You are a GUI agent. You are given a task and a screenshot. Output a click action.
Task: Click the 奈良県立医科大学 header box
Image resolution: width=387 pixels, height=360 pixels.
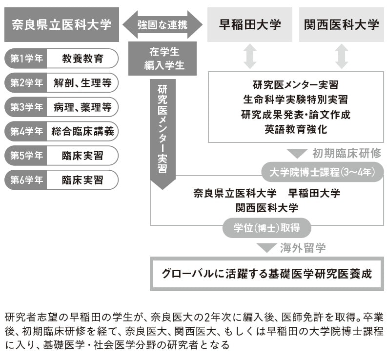61,24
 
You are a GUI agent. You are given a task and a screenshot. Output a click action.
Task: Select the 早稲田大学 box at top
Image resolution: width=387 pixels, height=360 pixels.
250,24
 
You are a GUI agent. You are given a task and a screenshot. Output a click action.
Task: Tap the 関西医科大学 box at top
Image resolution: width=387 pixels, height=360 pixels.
341,24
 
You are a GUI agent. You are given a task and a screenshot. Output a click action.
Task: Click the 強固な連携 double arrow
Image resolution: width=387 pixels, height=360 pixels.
163,24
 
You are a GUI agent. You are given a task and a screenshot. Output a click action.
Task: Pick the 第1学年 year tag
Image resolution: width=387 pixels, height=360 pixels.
26,59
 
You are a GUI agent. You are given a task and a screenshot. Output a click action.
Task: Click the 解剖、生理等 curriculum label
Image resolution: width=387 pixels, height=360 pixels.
82,83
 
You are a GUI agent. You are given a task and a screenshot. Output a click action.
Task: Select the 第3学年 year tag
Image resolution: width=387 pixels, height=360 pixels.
26,107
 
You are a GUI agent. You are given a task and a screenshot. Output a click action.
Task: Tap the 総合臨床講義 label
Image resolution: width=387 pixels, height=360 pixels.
82,132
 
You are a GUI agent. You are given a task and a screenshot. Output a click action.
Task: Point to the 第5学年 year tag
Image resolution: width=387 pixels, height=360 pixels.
26,156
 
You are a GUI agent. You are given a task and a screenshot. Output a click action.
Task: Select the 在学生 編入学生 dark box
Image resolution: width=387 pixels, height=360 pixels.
163,59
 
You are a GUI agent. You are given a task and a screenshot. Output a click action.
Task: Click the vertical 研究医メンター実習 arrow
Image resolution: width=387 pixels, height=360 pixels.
163,132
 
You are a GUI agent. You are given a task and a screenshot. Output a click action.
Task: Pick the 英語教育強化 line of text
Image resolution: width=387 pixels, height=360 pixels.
296,130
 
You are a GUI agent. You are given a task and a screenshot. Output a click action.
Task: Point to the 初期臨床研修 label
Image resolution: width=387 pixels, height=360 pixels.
346,153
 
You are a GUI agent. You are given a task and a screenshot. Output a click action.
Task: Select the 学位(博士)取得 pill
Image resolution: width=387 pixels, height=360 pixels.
266,227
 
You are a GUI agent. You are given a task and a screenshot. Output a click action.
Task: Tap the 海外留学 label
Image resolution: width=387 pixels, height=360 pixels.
303,247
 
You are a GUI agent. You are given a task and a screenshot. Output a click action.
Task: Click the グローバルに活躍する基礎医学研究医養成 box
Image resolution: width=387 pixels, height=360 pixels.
266,274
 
